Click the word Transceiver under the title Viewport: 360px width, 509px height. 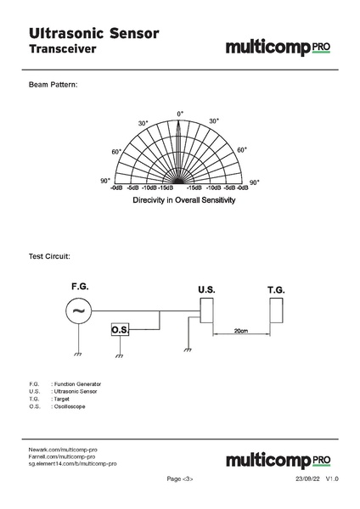click(63, 50)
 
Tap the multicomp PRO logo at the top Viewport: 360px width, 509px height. click(278, 48)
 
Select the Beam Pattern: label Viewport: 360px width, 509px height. click(53, 86)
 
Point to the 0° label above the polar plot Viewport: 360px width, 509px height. click(180, 114)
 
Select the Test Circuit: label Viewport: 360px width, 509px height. click(49, 255)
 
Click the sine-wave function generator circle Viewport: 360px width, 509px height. click(78, 311)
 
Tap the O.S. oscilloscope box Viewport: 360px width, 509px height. click(121, 329)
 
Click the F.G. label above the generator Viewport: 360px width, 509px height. click(79, 286)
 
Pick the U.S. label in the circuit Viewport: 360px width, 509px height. click(206, 290)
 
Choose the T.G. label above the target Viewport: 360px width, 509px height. click(276, 290)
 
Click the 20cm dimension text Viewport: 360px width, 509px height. click(241, 331)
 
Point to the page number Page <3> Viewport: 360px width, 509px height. click(180, 479)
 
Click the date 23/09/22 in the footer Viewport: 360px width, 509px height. click(307, 479)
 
